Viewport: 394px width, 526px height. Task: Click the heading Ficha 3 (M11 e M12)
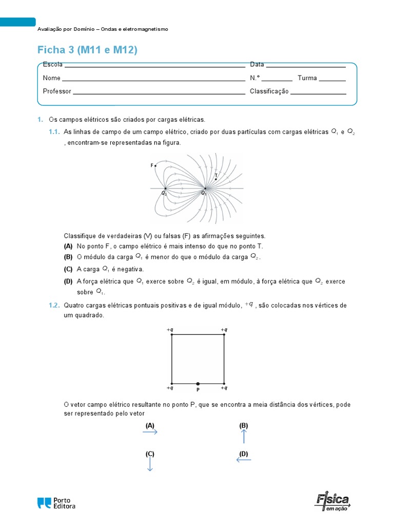click(x=88, y=50)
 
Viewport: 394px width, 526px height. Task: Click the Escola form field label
click(x=53, y=65)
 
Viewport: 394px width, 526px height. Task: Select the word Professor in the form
click(x=57, y=91)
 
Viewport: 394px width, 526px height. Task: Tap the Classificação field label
click(x=269, y=91)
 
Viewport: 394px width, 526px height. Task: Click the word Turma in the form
click(x=307, y=78)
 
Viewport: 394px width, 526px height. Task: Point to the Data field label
click(x=257, y=65)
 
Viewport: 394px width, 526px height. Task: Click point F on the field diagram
click(x=155, y=165)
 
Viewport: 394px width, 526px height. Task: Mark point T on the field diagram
click(x=215, y=179)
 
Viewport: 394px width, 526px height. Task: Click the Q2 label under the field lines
click(x=164, y=194)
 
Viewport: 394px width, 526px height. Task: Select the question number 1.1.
click(x=54, y=132)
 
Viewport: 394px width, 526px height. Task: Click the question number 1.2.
click(x=54, y=305)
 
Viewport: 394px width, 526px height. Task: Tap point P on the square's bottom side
click(x=198, y=384)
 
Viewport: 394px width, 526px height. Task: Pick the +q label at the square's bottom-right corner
click(x=224, y=388)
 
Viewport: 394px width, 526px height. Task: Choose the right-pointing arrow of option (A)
click(x=150, y=433)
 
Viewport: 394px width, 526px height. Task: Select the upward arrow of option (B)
click(x=244, y=436)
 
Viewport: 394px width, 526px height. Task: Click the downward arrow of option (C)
click(x=150, y=464)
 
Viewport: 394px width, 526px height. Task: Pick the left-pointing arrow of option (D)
click(x=244, y=460)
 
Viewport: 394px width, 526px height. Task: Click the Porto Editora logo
click(x=56, y=503)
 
